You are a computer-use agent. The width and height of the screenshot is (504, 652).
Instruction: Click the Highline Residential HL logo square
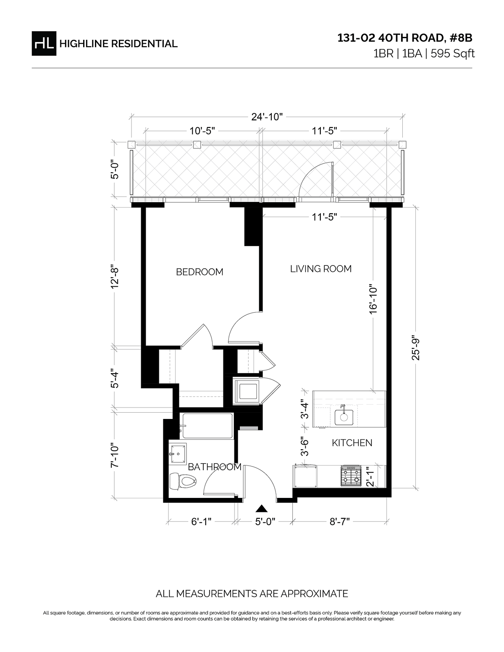[44, 44]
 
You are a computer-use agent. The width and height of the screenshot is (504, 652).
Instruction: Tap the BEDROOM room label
[199, 272]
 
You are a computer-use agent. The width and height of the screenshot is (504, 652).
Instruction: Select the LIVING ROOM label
[321, 269]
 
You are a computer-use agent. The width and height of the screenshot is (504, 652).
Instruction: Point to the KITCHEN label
[352, 443]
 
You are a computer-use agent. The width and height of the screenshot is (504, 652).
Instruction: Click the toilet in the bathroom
[183, 481]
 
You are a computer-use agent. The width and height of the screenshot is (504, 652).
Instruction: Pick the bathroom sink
[177, 454]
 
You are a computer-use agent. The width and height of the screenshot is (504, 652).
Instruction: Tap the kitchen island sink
[344, 416]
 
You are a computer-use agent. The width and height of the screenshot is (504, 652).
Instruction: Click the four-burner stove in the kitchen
[350, 476]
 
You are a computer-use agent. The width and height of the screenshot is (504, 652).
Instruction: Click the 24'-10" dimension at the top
[267, 117]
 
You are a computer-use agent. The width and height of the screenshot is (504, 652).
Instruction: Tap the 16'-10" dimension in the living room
[373, 299]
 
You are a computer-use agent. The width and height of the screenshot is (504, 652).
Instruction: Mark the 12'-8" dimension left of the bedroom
[115, 276]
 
